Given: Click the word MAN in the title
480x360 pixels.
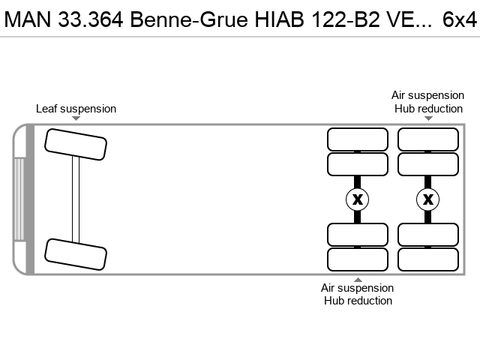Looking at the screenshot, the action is tap(28, 19).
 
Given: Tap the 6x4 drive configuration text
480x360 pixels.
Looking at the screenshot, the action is tap(460, 19).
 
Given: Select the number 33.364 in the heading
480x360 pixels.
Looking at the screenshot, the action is tap(91, 19).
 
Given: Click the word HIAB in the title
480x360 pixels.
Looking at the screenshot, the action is tap(280, 19).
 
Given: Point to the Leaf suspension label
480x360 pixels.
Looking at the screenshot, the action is tap(76, 109).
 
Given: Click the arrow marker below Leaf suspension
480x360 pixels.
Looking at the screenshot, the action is tap(76, 118).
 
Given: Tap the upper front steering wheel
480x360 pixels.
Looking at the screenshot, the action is tap(76, 145).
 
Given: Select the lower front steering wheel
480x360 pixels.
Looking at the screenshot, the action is tap(76, 254).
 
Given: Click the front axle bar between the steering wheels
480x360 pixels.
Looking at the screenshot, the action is tap(76, 199).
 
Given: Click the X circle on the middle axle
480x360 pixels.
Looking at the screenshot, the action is tap(357, 199).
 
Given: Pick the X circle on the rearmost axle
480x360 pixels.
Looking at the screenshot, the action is tap(428, 199).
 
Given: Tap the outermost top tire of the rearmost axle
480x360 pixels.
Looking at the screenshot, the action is tap(428, 139).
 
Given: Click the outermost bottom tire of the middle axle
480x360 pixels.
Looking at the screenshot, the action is tap(358, 259).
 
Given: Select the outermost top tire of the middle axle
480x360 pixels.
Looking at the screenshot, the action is tap(358, 139).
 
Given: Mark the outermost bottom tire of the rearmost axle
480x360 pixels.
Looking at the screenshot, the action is tap(428, 259).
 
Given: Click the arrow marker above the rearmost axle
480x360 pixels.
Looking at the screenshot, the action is tap(428, 118).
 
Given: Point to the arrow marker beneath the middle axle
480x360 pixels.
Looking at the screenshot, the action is tap(358, 280).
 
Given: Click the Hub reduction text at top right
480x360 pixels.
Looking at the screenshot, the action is tap(428, 109).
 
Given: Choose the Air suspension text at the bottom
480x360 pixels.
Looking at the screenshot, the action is tap(357, 288).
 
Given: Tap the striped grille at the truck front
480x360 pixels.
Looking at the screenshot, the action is tap(19, 199).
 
